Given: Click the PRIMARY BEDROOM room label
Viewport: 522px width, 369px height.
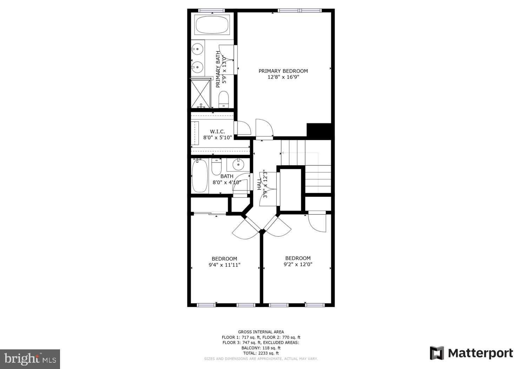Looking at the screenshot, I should [x=283, y=71].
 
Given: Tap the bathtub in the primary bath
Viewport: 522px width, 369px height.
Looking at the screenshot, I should [x=212, y=25].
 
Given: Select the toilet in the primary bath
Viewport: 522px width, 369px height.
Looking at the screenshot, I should [x=224, y=99].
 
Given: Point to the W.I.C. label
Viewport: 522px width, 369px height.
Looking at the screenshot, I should [x=218, y=131].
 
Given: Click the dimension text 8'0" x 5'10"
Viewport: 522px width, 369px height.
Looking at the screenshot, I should [x=218, y=137].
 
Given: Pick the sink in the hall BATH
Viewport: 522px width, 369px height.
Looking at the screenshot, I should [x=239, y=164].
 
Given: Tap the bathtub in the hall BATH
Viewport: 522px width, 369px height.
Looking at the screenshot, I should [x=200, y=176].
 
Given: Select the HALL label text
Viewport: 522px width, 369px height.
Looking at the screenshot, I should [x=259, y=184].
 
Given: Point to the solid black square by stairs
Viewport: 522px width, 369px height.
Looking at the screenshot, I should [x=319, y=130].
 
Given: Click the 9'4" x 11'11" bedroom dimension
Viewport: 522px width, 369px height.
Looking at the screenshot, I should [x=224, y=265].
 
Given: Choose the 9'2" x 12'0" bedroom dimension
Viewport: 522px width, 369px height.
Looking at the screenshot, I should [x=298, y=264].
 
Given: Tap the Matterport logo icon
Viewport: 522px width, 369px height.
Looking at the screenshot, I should [x=437, y=353].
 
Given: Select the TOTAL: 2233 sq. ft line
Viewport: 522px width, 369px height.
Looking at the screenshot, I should [x=261, y=353].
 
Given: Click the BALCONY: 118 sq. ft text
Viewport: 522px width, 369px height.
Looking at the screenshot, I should [x=261, y=348].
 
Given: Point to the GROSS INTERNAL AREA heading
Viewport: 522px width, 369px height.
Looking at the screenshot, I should [x=261, y=332].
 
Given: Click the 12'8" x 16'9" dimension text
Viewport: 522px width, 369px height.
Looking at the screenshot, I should [x=283, y=77].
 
